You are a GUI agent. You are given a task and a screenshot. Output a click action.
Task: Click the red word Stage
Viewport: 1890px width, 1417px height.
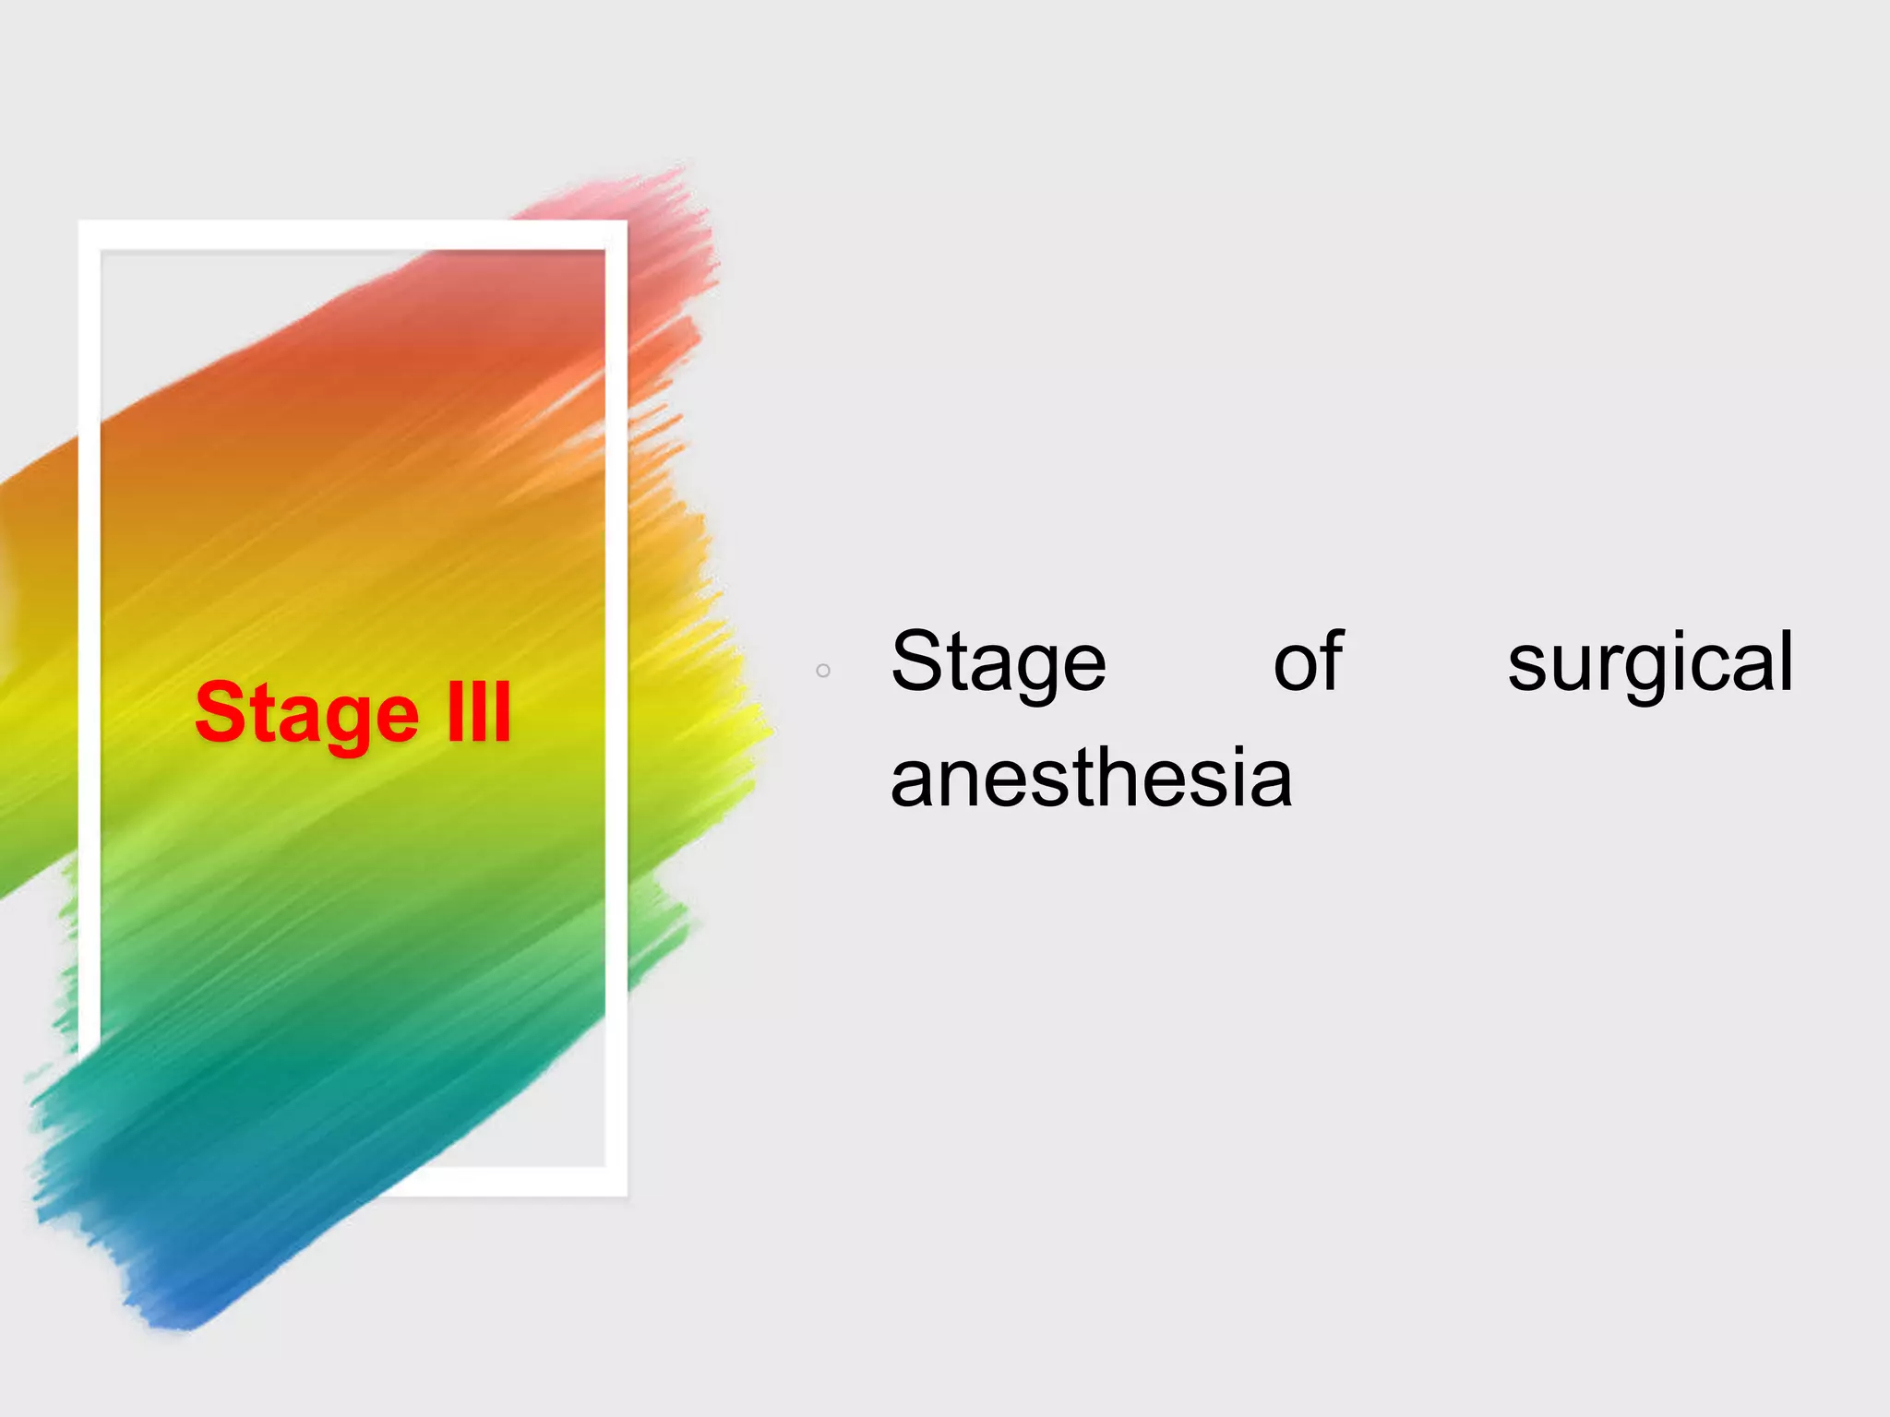point(306,713)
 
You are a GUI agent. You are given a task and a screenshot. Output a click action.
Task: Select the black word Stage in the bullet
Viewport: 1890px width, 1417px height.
point(998,662)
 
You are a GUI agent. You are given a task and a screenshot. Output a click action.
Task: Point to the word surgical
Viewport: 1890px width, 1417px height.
point(1650,662)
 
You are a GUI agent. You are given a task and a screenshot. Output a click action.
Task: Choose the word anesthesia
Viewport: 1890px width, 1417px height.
point(1091,778)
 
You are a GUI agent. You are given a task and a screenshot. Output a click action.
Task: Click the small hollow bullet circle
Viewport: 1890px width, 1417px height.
point(823,671)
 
